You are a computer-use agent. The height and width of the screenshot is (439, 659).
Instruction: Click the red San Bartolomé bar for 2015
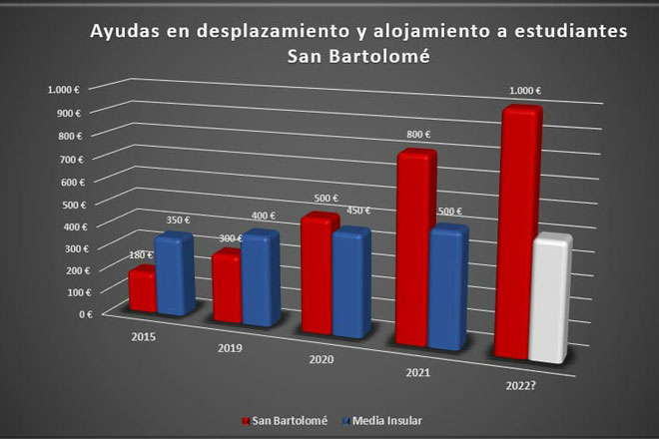(143, 290)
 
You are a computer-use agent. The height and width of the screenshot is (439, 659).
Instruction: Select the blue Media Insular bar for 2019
(261, 278)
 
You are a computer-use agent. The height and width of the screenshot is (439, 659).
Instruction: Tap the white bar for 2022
(550, 298)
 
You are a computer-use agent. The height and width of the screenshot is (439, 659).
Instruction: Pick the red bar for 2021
(414, 247)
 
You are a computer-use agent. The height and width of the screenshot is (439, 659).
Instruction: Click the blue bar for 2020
(351, 282)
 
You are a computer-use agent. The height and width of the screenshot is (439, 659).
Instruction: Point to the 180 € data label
(141, 255)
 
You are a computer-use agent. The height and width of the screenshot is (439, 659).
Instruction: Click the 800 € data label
(418, 135)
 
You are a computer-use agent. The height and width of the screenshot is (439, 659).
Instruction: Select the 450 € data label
(358, 211)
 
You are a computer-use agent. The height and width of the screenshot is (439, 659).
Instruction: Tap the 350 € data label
(178, 219)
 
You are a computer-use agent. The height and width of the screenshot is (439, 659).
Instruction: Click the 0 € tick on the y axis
(86, 314)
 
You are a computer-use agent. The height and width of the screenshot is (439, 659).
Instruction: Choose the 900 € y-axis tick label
(69, 114)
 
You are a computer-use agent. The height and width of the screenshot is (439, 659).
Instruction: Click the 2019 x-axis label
(230, 348)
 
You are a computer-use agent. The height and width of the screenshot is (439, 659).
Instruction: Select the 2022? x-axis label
(521, 386)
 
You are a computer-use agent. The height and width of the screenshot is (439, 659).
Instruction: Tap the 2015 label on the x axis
(144, 337)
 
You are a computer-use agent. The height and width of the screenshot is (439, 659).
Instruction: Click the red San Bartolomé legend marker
(246, 421)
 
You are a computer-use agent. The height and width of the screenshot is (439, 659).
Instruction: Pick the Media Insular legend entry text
(387, 420)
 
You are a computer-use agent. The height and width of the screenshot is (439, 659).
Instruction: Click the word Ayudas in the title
(125, 32)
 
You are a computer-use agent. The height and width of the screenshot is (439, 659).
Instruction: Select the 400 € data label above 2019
(264, 216)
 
